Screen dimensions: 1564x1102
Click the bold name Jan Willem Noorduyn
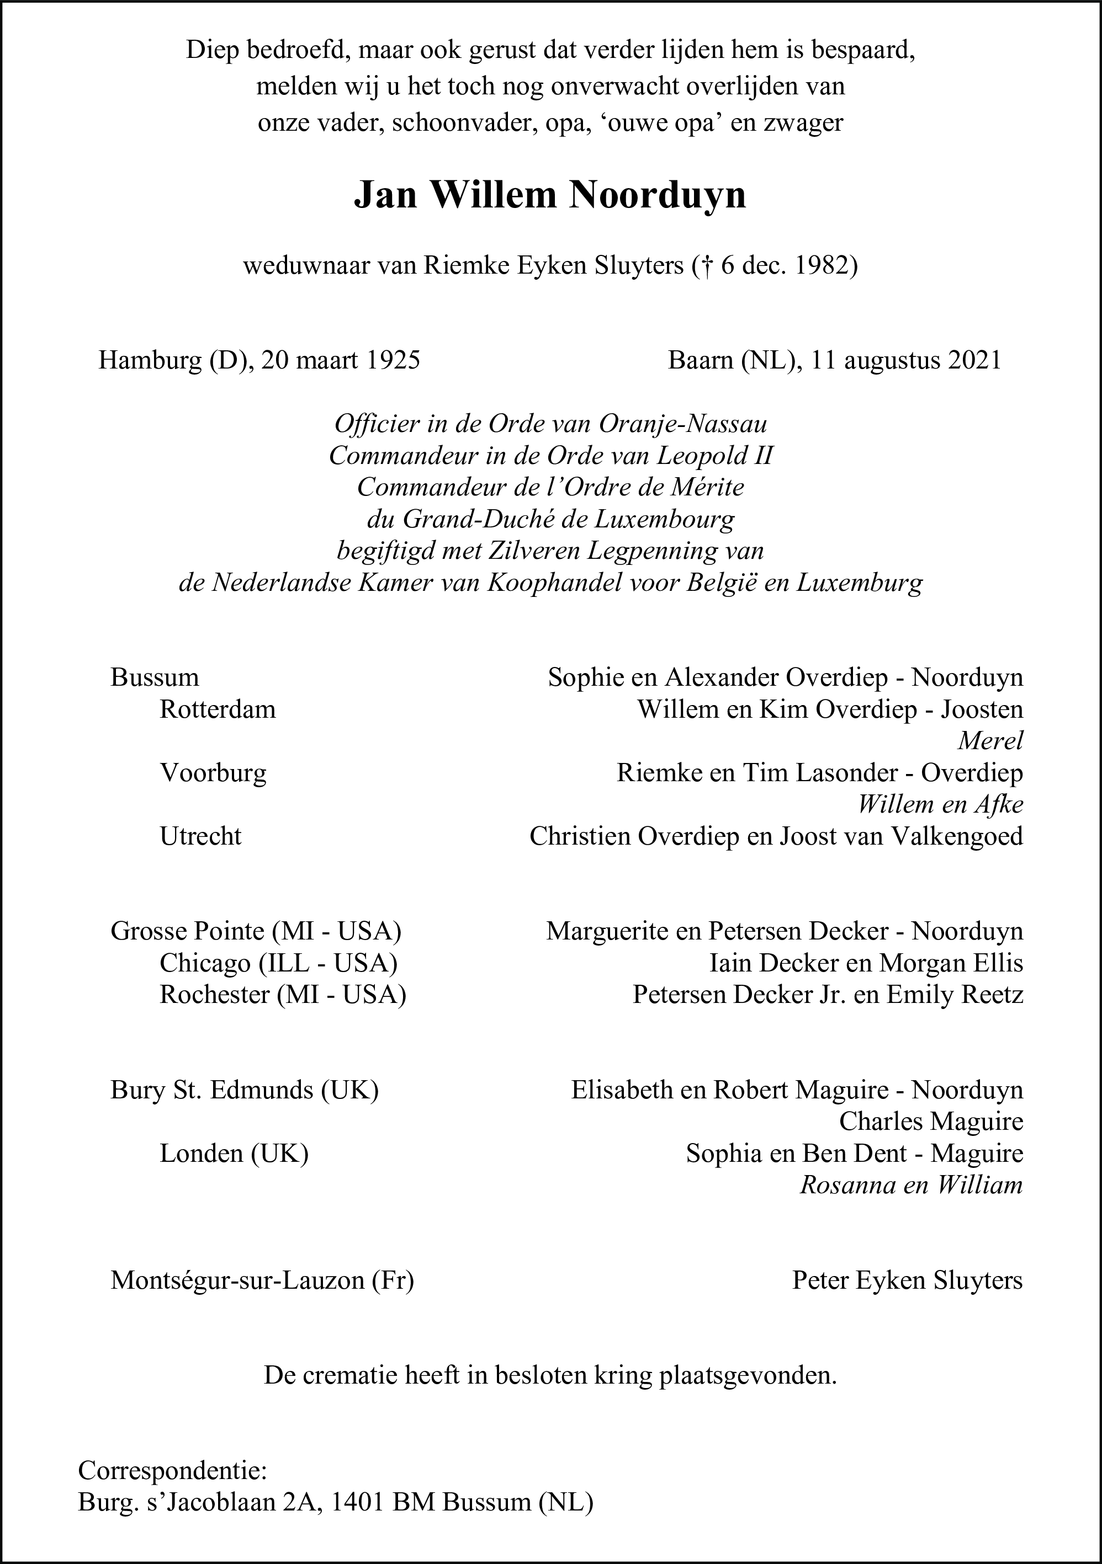point(550,195)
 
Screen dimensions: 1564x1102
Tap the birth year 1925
point(393,360)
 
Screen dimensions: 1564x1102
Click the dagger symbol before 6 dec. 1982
point(709,266)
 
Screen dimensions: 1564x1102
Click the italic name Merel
point(990,741)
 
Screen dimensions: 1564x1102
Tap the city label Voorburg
point(213,773)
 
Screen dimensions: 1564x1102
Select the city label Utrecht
point(200,836)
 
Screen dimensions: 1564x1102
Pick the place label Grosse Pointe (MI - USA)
point(256,931)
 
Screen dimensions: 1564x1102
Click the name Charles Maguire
point(931,1121)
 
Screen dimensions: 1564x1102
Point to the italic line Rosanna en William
point(911,1185)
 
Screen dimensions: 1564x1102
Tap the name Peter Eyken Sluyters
point(907,1280)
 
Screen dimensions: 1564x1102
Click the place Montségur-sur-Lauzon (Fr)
point(262,1280)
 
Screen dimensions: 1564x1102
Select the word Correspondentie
point(172,1471)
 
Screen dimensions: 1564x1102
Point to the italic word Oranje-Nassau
point(683,424)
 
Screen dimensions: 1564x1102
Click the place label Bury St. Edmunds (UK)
point(245,1090)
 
